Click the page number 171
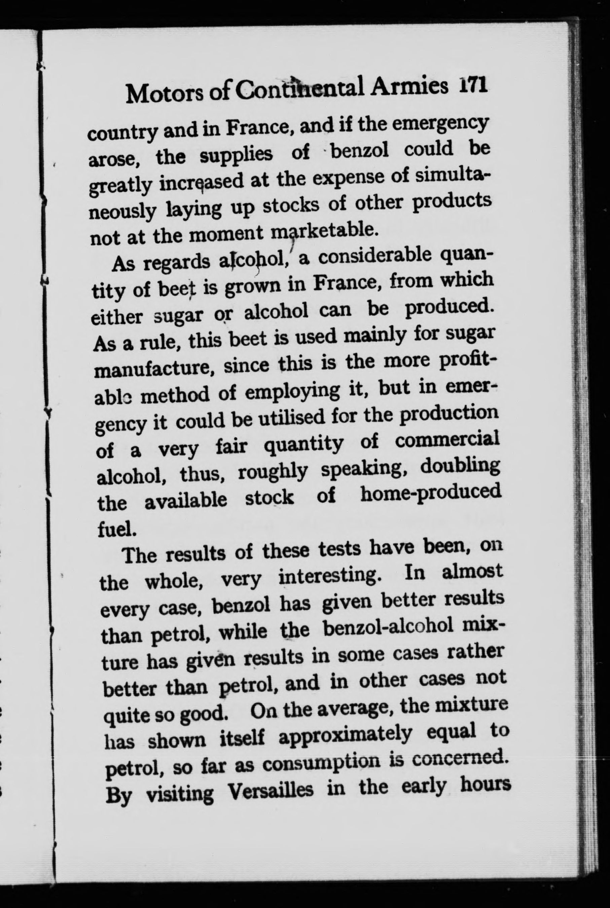click(472, 86)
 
